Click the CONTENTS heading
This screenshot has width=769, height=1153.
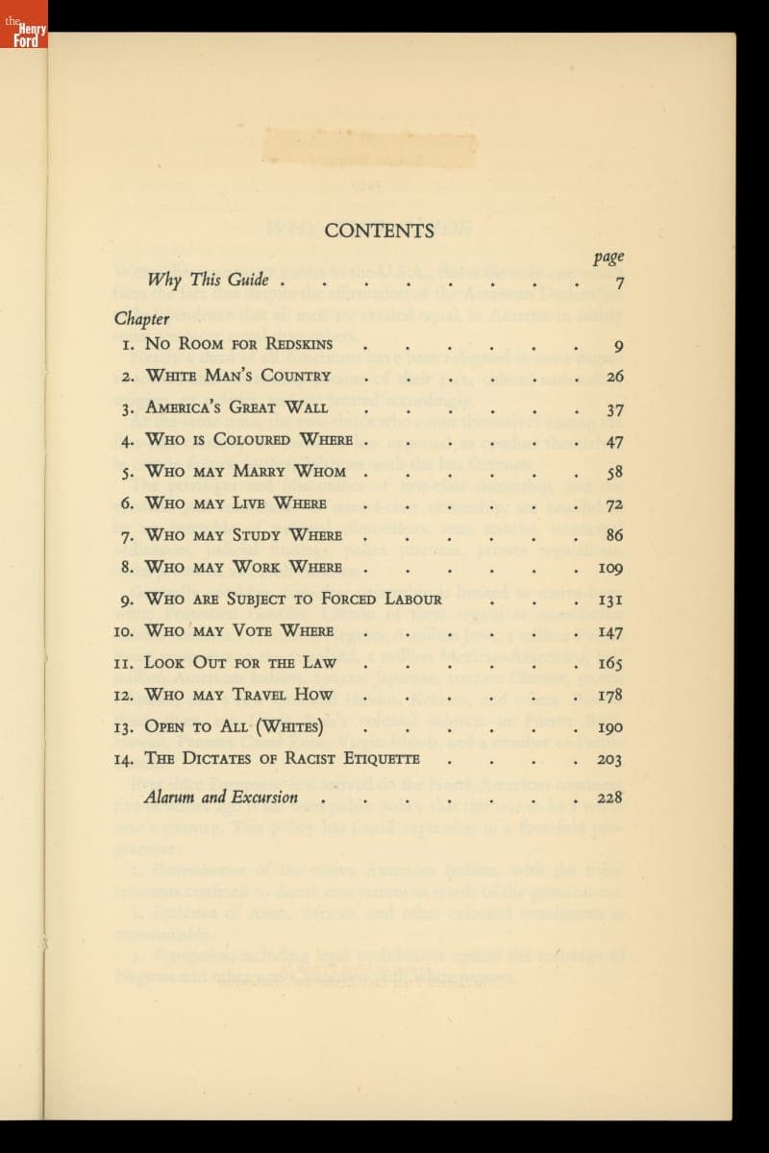(380, 231)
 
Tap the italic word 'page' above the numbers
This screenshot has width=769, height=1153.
(608, 258)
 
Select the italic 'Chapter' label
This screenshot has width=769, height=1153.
(141, 318)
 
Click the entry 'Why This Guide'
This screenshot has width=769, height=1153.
(208, 281)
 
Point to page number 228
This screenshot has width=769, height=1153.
(609, 797)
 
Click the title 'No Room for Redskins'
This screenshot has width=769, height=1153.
(238, 344)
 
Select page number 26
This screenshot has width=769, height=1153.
(614, 377)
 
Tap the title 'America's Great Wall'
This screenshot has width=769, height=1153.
(236, 407)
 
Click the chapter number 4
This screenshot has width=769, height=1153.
(128, 440)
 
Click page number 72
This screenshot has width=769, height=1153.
(614, 503)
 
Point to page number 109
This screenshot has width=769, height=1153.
(609, 567)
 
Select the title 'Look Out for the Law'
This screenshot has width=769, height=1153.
(240, 662)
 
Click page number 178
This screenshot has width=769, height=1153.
(609, 695)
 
